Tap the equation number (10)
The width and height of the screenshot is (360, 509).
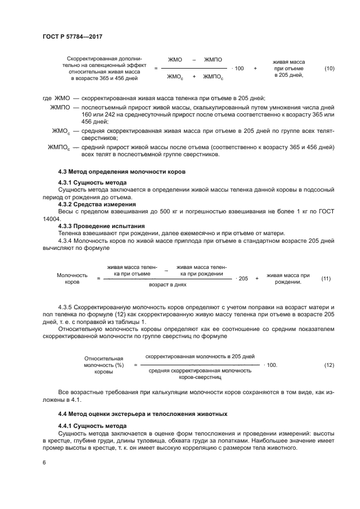click(329, 69)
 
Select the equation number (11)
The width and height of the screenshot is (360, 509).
click(326, 278)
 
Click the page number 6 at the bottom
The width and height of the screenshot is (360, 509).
click(44, 462)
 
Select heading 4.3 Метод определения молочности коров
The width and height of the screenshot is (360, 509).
click(122, 171)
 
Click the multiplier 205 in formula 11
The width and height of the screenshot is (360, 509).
click(243, 278)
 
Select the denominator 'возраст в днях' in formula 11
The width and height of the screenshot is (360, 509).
click(168, 285)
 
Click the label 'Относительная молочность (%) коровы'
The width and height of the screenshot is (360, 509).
click(103, 365)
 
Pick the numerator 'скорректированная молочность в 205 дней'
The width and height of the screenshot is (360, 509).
click(200, 356)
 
